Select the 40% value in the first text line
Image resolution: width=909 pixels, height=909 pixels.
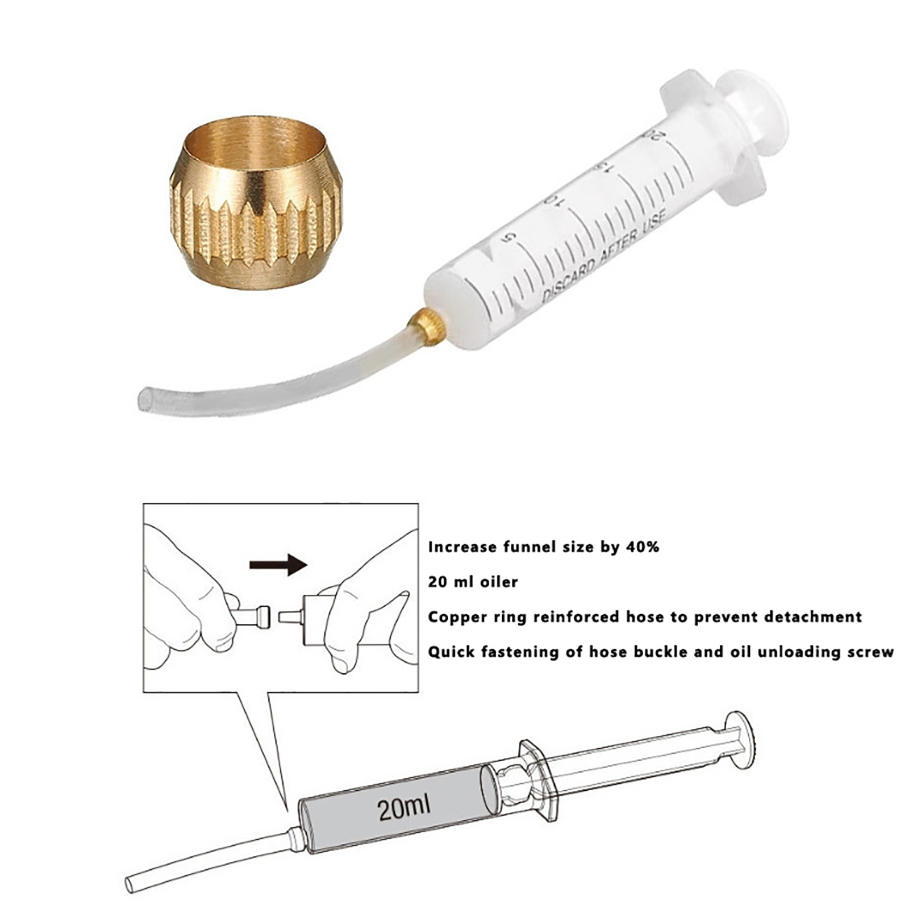(x=641, y=547)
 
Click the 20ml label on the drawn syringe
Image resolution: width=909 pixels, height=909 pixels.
(x=404, y=808)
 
